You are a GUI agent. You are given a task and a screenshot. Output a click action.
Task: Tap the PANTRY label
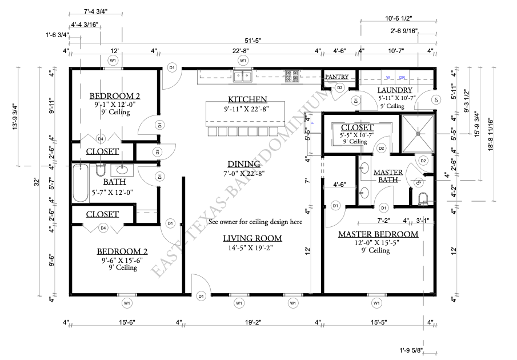tap(337, 77)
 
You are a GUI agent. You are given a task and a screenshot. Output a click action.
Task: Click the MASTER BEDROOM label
tap(378, 234)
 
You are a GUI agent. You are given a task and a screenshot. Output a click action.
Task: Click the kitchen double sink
tap(243, 75)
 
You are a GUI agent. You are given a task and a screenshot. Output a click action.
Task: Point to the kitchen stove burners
tap(292, 75)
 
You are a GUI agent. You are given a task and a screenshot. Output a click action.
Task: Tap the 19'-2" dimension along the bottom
tap(249, 323)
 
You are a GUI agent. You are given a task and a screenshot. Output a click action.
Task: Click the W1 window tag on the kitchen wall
tap(243, 60)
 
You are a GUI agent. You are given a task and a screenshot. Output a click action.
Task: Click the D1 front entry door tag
tap(201, 296)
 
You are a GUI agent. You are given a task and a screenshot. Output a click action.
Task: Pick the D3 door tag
tap(157, 151)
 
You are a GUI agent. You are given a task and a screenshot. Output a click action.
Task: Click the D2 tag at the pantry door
tap(339, 87)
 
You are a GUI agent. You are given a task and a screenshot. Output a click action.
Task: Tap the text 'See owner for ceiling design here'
tap(255, 222)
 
